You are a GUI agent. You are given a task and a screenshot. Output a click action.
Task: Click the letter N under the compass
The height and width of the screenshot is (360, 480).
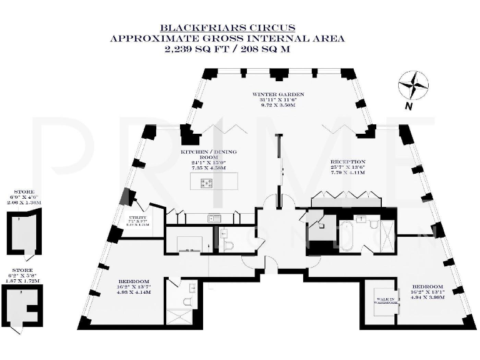point(407,106)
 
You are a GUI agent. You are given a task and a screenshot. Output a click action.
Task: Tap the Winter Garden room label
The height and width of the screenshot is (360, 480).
point(269,93)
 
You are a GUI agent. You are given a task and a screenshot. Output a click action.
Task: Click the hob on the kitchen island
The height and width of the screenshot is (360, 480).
point(206,182)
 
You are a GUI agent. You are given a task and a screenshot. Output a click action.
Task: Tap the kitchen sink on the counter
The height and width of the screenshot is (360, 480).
point(214,218)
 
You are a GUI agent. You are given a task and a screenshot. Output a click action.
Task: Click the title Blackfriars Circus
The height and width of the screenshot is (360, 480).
point(227,28)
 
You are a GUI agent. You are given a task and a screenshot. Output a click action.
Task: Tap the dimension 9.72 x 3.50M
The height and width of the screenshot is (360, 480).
point(269,106)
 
